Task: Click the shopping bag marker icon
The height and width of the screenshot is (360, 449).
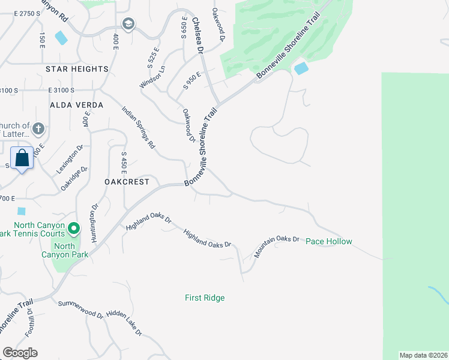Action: pyautogui.click(x=22, y=159)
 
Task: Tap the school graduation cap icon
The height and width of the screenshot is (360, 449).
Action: pyautogui.click(x=127, y=24)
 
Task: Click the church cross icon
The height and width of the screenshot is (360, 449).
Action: pyautogui.click(x=38, y=129)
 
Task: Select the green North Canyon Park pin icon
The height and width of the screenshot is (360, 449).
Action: pyautogui.click(x=74, y=228)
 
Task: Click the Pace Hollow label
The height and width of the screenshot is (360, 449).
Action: pyautogui.click(x=328, y=242)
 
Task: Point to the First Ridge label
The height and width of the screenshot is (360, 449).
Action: pyautogui.click(x=205, y=298)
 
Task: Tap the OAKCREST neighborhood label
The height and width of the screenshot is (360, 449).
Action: pyautogui.click(x=126, y=181)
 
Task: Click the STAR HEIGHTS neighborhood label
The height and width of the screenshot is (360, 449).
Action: pyautogui.click(x=77, y=69)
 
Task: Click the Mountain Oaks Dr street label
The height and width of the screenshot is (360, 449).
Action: pyautogui.click(x=276, y=247)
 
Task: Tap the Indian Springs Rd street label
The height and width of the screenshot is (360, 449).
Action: pyautogui.click(x=138, y=127)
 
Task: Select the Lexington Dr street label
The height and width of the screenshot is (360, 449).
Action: pyautogui.click(x=70, y=161)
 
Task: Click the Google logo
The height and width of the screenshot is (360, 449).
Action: pyautogui.click(x=20, y=353)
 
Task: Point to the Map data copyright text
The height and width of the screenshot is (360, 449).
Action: pyautogui.click(x=423, y=355)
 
